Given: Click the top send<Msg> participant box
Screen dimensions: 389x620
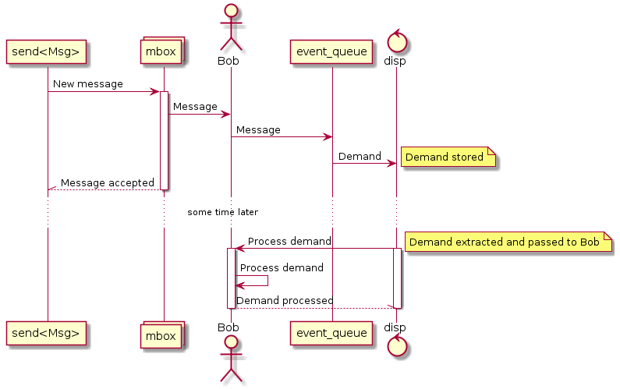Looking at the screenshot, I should pyautogui.click(x=46, y=51).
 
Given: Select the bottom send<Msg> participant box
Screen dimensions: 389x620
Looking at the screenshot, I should pyautogui.click(x=46, y=334).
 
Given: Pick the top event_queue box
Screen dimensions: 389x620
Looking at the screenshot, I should pyautogui.click(x=331, y=51).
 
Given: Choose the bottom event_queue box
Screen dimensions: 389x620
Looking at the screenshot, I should pyautogui.click(x=331, y=334).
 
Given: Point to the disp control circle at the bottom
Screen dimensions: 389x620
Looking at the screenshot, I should pyautogui.click(x=396, y=347).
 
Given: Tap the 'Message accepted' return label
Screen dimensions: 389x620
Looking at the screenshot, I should pyautogui.click(x=107, y=183).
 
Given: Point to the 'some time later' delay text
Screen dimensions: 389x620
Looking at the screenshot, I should pyautogui.click(x=222, y=212).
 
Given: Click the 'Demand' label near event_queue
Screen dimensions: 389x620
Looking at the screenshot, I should pyautogui.click(x=360, y=157).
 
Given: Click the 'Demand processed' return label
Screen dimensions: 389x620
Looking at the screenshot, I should pyautogui.click(x=285, y=300).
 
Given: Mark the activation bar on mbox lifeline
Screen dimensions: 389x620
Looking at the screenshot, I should pyautogui.click(x=164, y=140).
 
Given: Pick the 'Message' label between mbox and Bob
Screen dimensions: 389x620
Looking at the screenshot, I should pyautogui.click(x=195, y=106).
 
